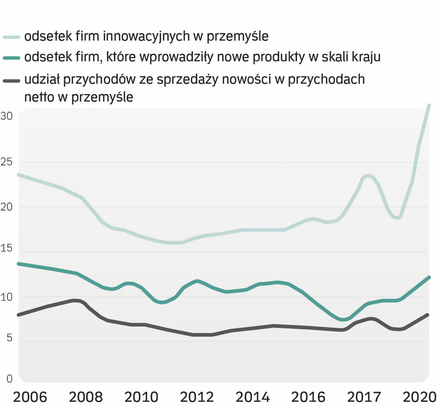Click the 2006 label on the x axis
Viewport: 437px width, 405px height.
click(x=30, y=397)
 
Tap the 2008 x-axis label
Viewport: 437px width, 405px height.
click(x=86, y=397)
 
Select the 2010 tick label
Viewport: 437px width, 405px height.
click(x=141, y=397)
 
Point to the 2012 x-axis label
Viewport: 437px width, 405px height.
click(x=197, y=397)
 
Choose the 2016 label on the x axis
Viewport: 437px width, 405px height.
click(x=308, y=397)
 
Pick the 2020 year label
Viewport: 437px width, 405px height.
click(x=419, y=397)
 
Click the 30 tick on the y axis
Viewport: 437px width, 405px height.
click(x=6, y=116)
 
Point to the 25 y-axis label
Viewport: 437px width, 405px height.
click(x=6, y=162)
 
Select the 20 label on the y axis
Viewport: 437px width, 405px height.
click(x=6, y=207)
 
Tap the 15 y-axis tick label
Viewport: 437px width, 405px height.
click(x=6, y=248)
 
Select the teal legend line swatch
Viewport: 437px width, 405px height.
click(x=11, y=58)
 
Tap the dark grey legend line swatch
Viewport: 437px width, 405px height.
click(x=11, y=80)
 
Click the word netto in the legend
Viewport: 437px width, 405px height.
click(x=39, y=97)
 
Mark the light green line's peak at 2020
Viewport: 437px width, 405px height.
click(x=429, y=105)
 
